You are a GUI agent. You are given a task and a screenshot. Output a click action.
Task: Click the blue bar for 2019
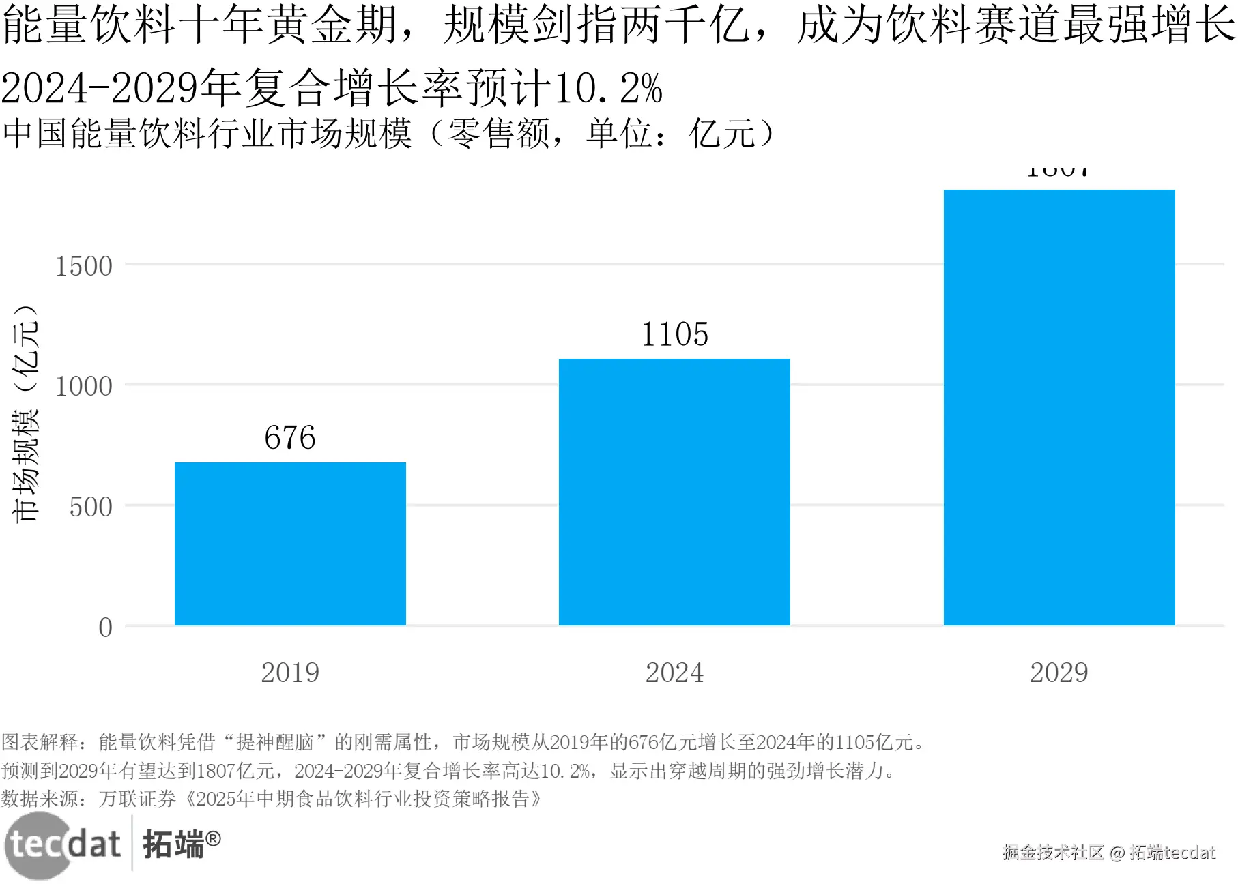click(290, 544)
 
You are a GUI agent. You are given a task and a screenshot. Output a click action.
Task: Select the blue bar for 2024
click(674, 492)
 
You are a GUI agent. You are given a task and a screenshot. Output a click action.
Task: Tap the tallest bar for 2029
click(1059, 407)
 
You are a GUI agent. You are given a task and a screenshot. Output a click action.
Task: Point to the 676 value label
click(290, 437)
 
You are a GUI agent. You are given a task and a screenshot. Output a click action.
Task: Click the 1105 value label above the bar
click(674, 334)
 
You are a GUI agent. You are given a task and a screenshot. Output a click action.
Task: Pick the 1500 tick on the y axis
click(84, 266)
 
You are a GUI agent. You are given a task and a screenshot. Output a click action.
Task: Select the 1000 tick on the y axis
click(84, 386)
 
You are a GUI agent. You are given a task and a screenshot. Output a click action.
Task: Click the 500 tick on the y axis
click(91, 507)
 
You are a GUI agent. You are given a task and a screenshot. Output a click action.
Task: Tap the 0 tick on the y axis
click(105, 627)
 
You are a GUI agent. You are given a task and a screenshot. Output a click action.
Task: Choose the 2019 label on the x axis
click(290, 673)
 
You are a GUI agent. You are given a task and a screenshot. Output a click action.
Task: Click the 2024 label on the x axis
click(674, 673)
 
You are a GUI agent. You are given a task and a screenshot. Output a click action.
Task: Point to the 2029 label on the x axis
click(1059, 673)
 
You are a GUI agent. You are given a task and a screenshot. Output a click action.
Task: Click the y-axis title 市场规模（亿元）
click(26, 413)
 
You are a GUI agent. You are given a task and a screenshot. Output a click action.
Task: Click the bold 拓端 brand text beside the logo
click(174, 844)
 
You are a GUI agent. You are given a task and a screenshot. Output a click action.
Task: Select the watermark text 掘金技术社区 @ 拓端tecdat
click(1109, 852)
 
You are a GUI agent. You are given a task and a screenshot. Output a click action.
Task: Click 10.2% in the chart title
click(607, 89)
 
